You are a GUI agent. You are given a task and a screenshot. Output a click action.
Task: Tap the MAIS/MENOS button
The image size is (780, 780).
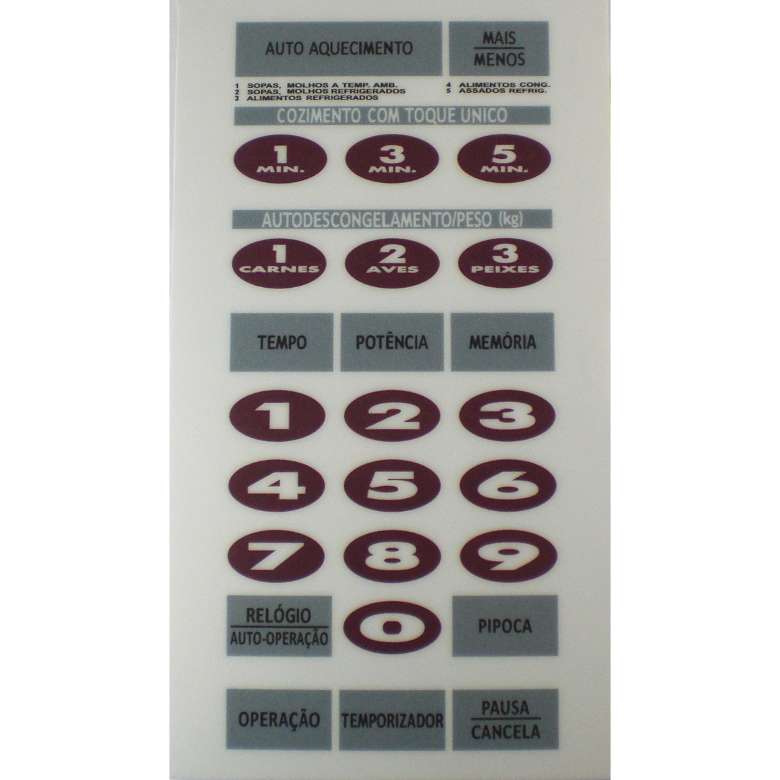498,48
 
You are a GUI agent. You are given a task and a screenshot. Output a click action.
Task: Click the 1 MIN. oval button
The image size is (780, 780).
280,159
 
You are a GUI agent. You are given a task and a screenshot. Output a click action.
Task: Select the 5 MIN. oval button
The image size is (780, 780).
504,159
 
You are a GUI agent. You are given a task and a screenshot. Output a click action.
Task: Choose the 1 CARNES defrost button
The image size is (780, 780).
279,263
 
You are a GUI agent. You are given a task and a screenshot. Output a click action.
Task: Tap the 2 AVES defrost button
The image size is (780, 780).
392,263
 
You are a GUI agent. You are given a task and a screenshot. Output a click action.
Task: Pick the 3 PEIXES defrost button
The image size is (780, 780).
505,263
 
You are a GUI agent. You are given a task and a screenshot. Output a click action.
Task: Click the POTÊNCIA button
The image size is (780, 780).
392,342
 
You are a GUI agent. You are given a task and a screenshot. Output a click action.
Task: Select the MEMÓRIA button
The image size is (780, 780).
502,342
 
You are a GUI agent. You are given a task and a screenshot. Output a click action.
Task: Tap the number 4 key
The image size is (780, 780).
276,485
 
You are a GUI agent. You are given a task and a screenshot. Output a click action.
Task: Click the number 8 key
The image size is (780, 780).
392,556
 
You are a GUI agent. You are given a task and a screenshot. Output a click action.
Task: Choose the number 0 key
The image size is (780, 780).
392,627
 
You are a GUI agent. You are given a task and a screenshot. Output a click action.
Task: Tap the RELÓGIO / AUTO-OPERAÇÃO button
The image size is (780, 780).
279,626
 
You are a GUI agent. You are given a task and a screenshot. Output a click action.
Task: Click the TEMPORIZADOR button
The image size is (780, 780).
392,719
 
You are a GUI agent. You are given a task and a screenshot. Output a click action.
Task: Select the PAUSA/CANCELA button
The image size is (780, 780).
506,719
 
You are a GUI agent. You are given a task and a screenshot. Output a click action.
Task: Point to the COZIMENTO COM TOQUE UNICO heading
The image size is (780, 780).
392,116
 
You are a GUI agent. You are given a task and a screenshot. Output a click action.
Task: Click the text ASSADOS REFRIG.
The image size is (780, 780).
502,91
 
